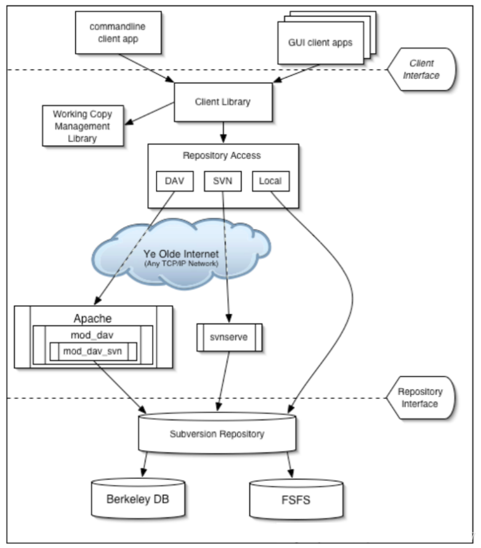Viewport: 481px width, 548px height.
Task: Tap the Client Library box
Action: pyautogui.click(x=223, y=102)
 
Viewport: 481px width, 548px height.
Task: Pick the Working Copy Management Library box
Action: pyautogui.click(x=82, y=126)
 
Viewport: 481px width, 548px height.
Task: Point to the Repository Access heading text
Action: pyautogui.click(x=222, y=155)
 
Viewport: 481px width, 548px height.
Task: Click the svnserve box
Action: pyautogui.click(x=228, y=337)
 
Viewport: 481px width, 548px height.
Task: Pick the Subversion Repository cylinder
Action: pyautogui.click(x=217, y=434)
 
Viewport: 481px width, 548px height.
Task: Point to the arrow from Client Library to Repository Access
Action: pyautogui.click(x=223, y=132)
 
